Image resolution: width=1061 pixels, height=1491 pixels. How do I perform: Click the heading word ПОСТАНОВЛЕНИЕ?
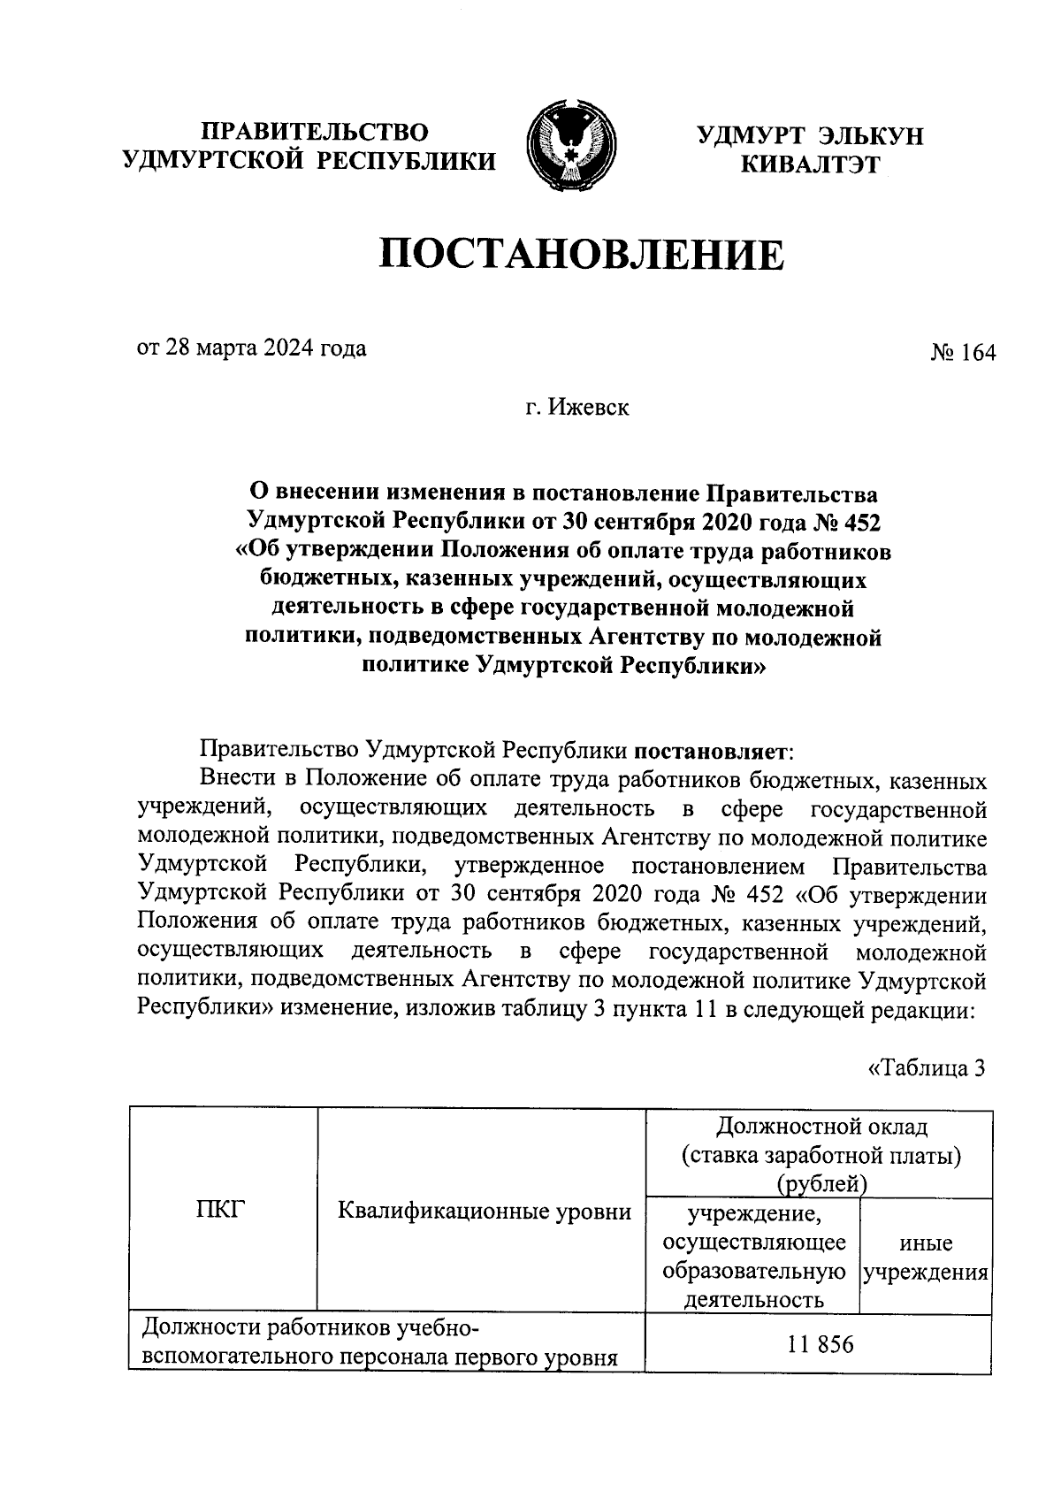click(x=582, y=255)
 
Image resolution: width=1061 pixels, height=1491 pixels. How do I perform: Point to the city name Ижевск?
click(x=589, y=408)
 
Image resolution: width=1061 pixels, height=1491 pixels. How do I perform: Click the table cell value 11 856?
click(x=821, y=1345)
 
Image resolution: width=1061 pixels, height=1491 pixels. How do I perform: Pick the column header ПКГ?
click(x=219, y=1210)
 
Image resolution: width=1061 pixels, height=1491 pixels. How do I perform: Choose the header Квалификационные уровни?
click(x=485, y=1211)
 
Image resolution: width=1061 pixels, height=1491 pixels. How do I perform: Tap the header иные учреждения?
click(x=925, y=1258)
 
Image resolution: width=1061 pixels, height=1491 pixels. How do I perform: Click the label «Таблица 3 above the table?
click(x=927, y=1067)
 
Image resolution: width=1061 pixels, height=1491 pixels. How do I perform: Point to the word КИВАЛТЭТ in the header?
click(x=811, y=164)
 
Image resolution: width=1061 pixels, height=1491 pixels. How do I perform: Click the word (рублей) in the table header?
click(x=820, y=1183)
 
